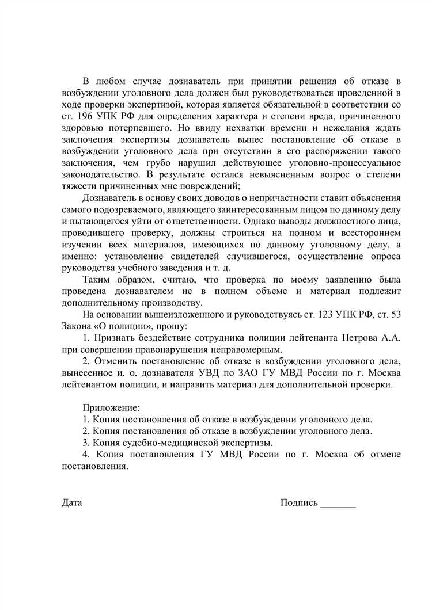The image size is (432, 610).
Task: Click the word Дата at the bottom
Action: click(x=72, y=502)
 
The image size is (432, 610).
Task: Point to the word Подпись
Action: click(x=299, y=502)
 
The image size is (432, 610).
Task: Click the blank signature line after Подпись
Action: click(x=338, y=504)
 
